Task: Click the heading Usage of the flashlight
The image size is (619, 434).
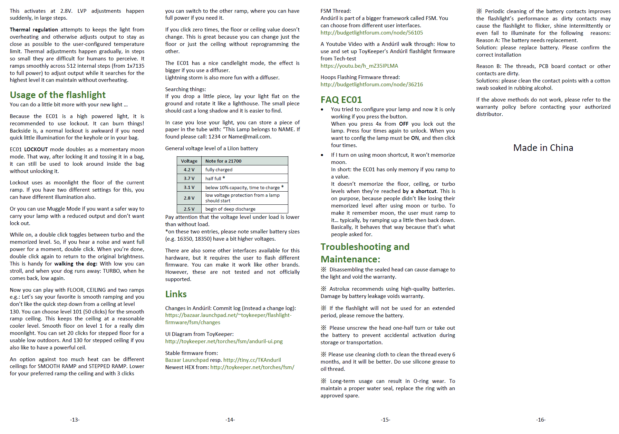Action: [x=58, y=95]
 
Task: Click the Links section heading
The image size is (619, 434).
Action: [x=176, y=294]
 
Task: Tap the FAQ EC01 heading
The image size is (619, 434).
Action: [x=341, y=100]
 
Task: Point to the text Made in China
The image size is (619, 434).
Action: [x=543, y=148]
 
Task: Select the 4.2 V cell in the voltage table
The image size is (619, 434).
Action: [x=189, y=170]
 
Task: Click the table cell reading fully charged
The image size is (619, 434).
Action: [x=219, y=170]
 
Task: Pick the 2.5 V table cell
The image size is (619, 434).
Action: [x=189, y=209]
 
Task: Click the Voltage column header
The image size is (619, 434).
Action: [x=189, y=161]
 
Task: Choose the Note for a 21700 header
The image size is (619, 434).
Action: [x=223, y=161]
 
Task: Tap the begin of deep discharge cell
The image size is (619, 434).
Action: [x=230, y=209]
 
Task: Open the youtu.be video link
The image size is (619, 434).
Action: [x=359, y=66]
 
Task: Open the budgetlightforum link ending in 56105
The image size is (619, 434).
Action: [x=371, y=33]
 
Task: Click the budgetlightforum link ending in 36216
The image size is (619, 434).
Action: [x=371, y=85]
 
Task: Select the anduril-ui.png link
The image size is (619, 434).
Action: [x=224, y=341]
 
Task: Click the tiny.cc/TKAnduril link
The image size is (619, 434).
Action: [x=252, y=360]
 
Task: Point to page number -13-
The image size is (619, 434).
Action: [x=75, y=420]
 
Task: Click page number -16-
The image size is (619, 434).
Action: [x=541, y=420]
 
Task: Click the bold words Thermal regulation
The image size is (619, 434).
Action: [x=34, y=30]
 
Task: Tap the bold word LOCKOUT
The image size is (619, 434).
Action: [x=36, y=150]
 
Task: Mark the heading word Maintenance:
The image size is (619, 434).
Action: [x=350, y=259]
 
